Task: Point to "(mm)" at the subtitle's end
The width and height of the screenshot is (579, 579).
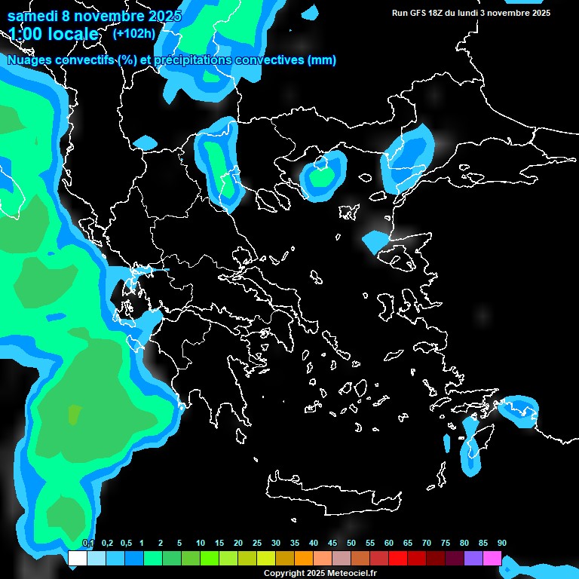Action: pos(322,60)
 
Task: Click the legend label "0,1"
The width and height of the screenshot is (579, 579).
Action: pos(88,544)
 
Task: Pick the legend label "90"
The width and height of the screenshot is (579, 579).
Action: pos(501,544)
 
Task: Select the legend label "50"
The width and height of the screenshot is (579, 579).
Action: pos(351,544)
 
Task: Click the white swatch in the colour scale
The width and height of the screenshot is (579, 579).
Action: pos(77,558)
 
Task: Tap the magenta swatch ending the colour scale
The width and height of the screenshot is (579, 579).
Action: pos(492,558)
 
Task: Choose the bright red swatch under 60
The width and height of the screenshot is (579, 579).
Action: pos(398,558)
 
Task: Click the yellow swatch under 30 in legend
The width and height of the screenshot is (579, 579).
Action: pos(266,558)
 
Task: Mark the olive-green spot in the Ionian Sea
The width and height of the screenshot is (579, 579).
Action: pos(74,415)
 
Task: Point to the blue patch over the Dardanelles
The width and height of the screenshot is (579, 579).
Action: pos(374,240)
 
